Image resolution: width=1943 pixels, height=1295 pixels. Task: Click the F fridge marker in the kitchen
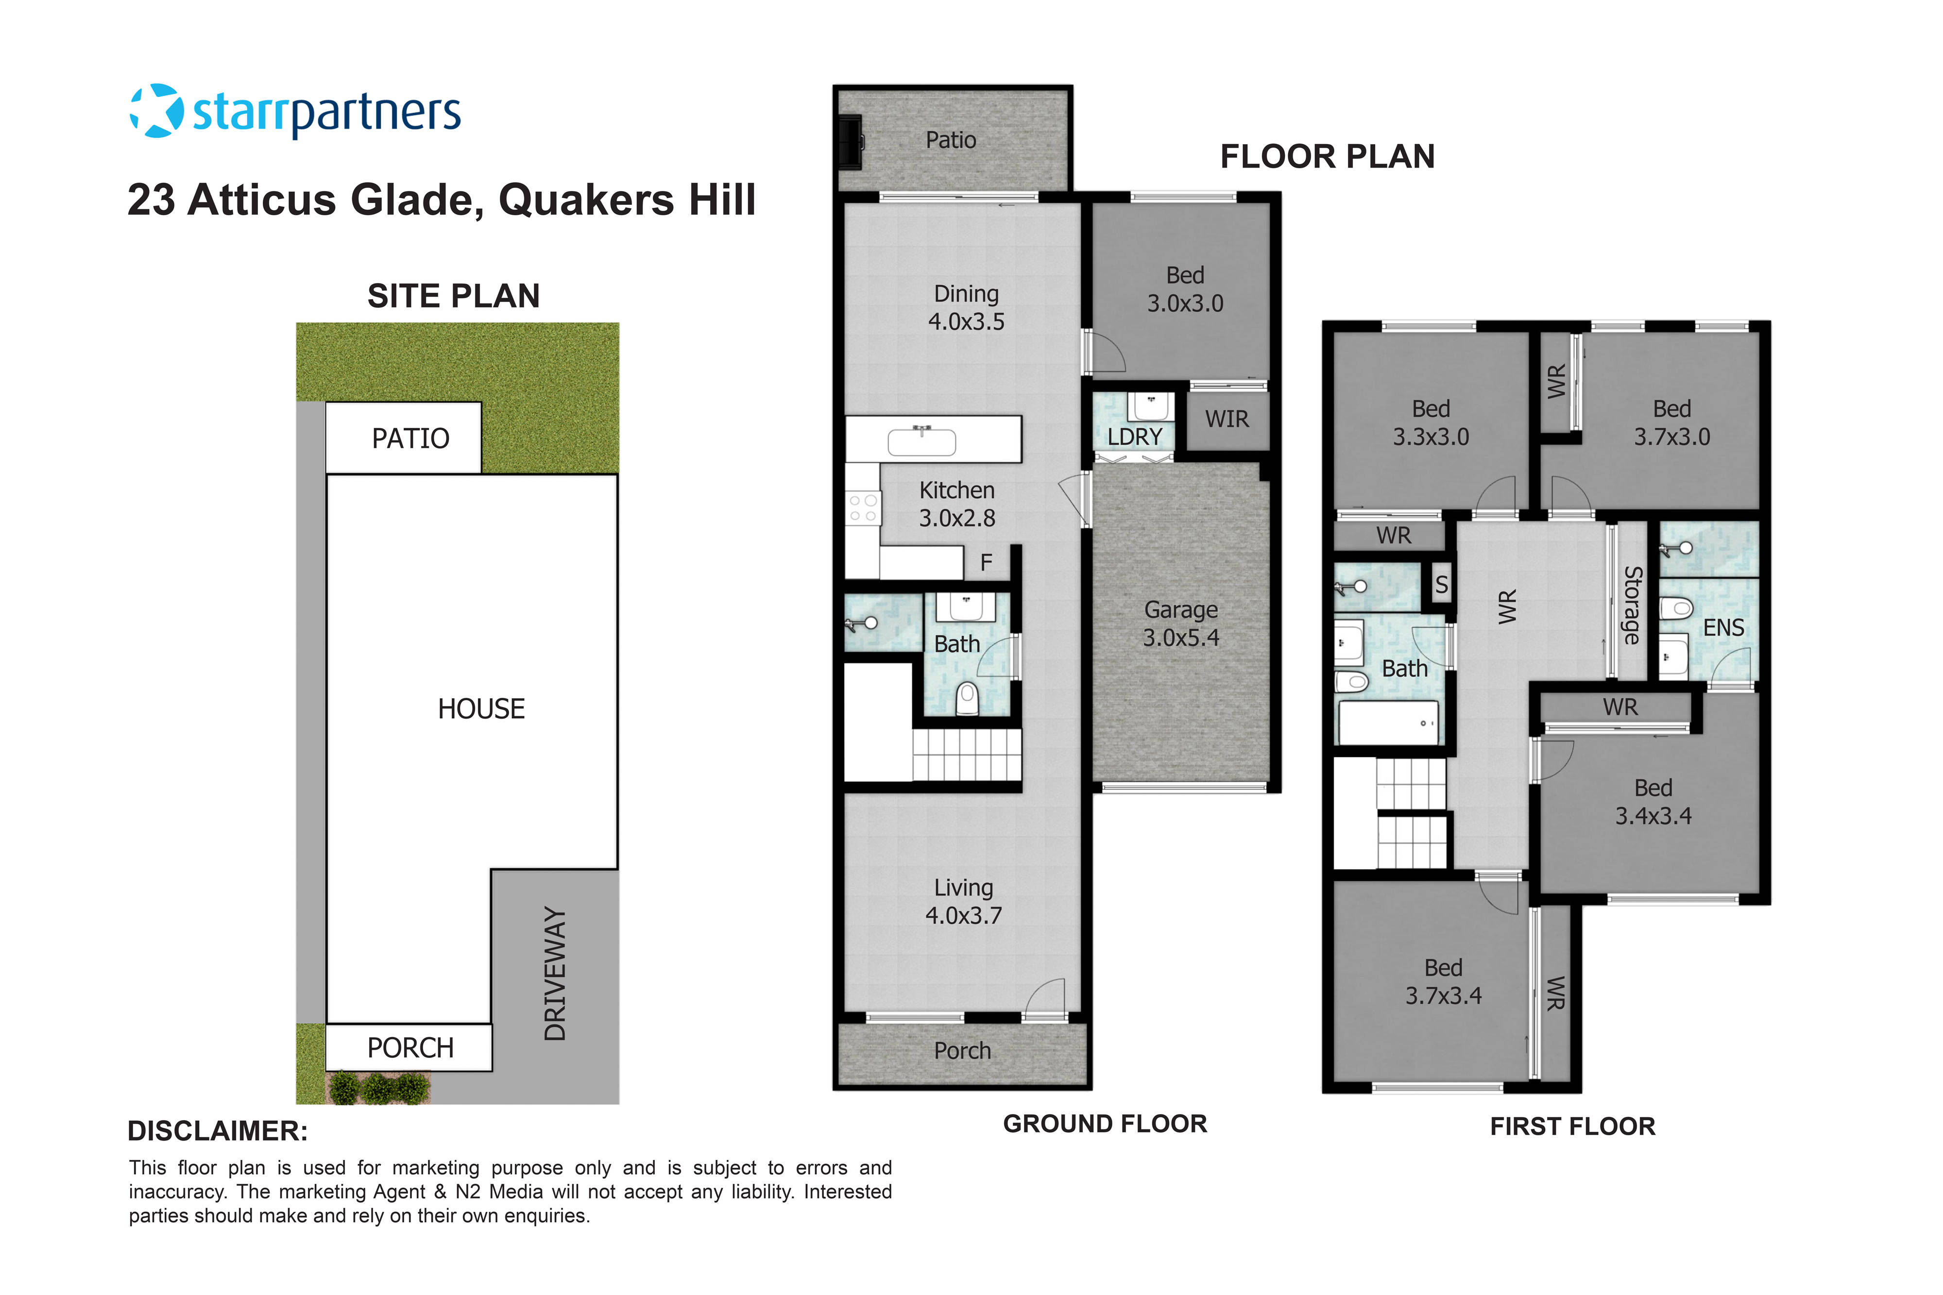986,563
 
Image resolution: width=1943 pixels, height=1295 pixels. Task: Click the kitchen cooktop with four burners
863,508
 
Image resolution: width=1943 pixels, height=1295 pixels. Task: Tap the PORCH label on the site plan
410,1048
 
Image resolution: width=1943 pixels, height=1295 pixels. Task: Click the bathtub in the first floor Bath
1388,723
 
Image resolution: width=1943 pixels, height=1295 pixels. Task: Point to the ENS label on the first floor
1723,628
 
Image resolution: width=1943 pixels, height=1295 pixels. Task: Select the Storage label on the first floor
1632,605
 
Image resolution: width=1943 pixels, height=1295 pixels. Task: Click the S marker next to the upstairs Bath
1442,585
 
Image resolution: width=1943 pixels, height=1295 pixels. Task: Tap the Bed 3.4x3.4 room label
1653,802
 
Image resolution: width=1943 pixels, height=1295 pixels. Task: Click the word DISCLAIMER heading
217,1131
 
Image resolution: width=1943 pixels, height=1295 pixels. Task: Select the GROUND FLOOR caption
1105,1124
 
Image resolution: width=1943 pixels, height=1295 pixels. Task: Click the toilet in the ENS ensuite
1676,609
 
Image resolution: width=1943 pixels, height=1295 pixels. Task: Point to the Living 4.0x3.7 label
963,901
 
